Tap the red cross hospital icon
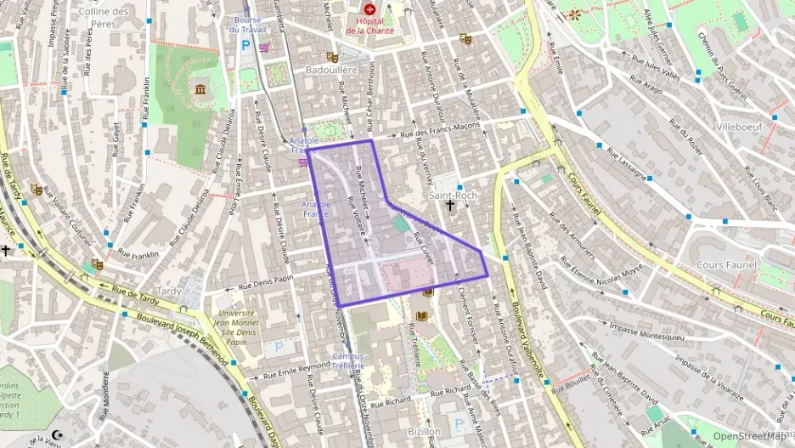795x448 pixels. (x=370, y=9)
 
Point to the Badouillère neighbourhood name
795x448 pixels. (x=331, y=71)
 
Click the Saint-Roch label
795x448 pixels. (x=454, y=195)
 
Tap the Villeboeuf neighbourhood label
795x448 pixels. (x=740, y=126)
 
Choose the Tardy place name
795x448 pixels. (x=169, y=291)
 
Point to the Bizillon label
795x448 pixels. (x=424, y=432)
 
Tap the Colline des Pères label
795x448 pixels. (x=104, y=16)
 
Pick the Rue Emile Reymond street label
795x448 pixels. (x=296, y=367)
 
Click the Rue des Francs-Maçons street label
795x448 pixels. (x=440, y=130)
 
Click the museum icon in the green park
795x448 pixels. (x=200, y=89)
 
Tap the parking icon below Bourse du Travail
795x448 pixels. (x=246, y=45)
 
